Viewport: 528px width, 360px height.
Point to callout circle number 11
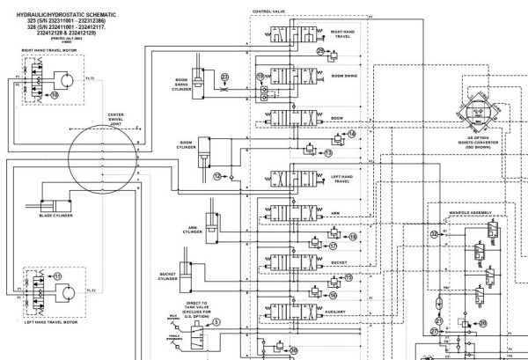tap(58, 276)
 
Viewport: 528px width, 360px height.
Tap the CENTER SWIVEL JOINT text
tap(116, 121)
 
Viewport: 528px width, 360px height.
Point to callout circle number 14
tap(351, 134)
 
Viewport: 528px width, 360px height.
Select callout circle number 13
tap(328, 152)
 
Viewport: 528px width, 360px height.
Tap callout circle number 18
tap(353, 237)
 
